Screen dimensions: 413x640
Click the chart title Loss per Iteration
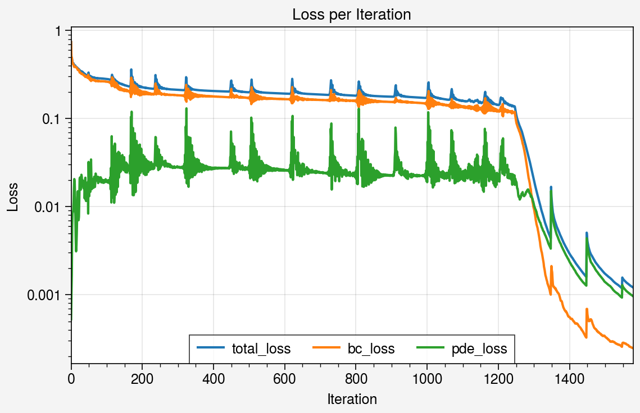[x=352, y=15]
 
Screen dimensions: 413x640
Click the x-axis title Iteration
[x=352, y=399]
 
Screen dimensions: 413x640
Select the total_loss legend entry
[x=261, y=349]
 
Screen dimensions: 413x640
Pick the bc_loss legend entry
[x=371, y=349]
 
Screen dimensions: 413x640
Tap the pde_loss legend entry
[x=479, y=349]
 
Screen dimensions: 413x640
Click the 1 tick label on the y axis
[x=58, y=31]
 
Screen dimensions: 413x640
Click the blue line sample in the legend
[x=211, y=349]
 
